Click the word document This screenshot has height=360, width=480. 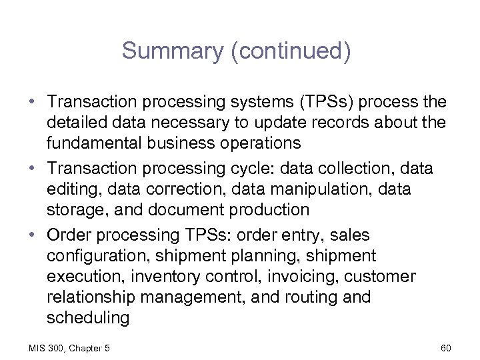point(191,210)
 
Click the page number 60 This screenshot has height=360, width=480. point(446,347)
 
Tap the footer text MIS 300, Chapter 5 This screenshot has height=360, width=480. point(69,347)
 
